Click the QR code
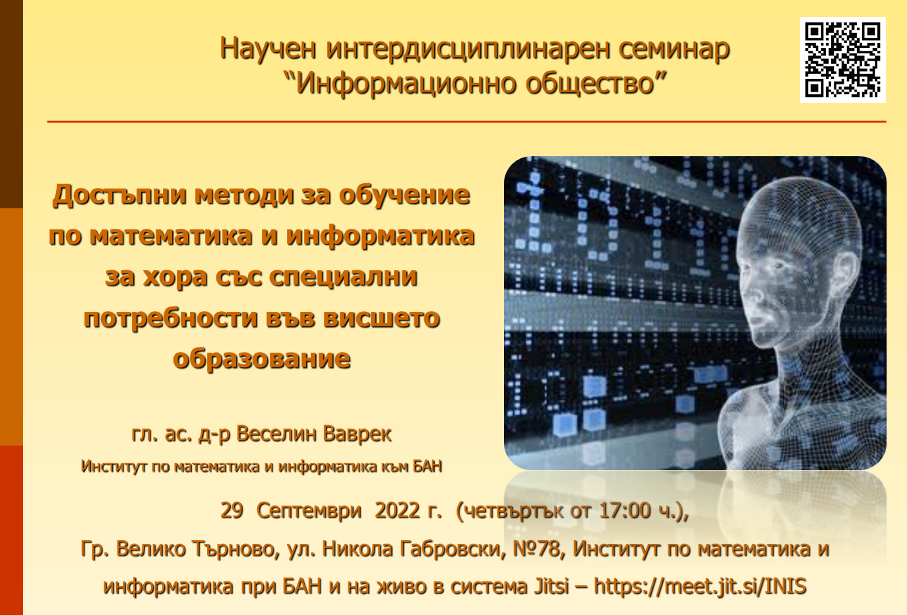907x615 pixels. tap(842, 60)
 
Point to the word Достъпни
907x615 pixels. tap(119, 195)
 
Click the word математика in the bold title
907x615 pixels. tap(170, 236)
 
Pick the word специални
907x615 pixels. tap(344, 278)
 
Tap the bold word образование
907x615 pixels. tap(262, 359)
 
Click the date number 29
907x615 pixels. tap(232, 510)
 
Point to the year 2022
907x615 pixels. tap(397, 510)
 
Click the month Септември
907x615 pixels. tap(309, 512)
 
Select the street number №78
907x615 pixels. tap(536, 549)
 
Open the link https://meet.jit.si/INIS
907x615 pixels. tap(700, 586)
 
